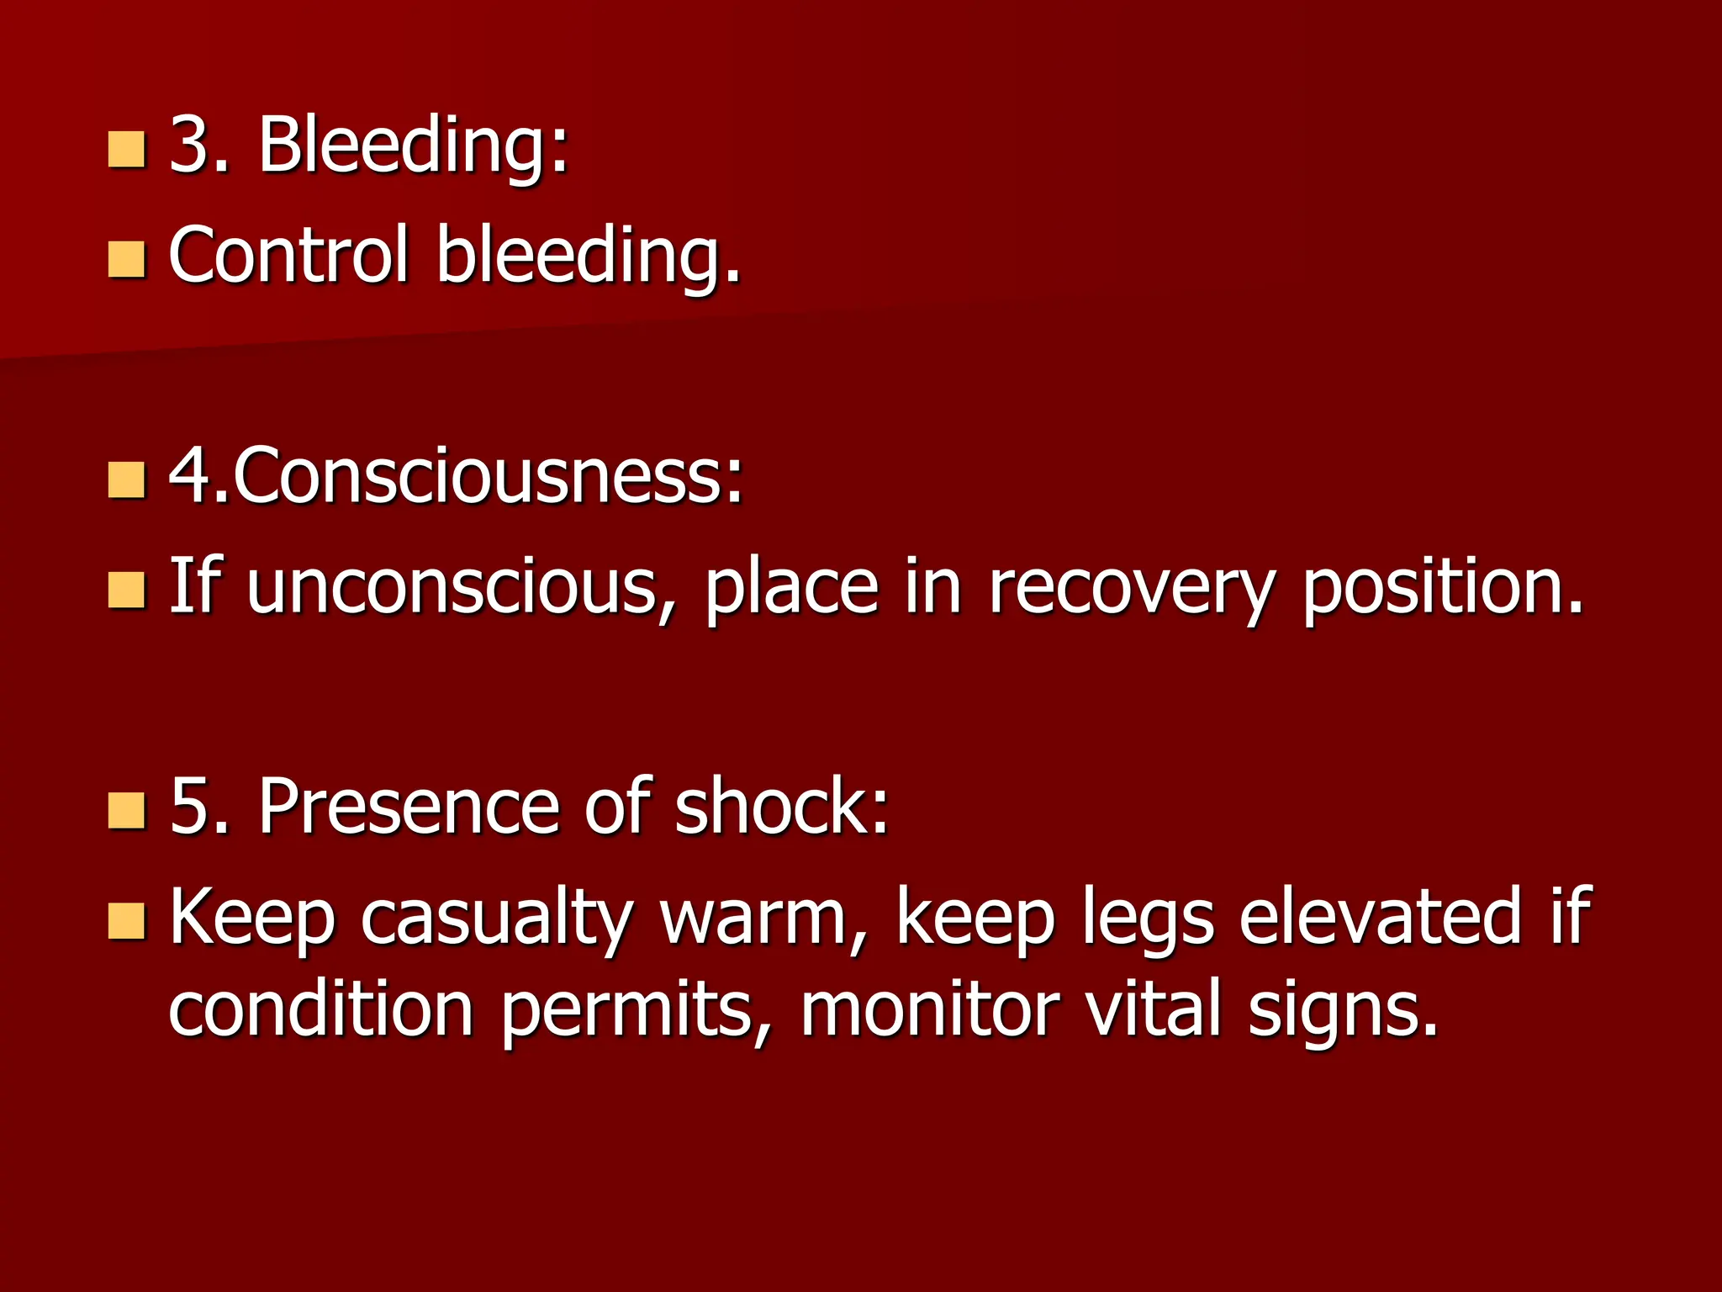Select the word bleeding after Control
(x=588, y=256)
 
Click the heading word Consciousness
(x=488, y=477)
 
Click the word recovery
(x=1131, y=587)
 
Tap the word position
(x=1441, y=587)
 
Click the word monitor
(x=928, y=1009)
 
